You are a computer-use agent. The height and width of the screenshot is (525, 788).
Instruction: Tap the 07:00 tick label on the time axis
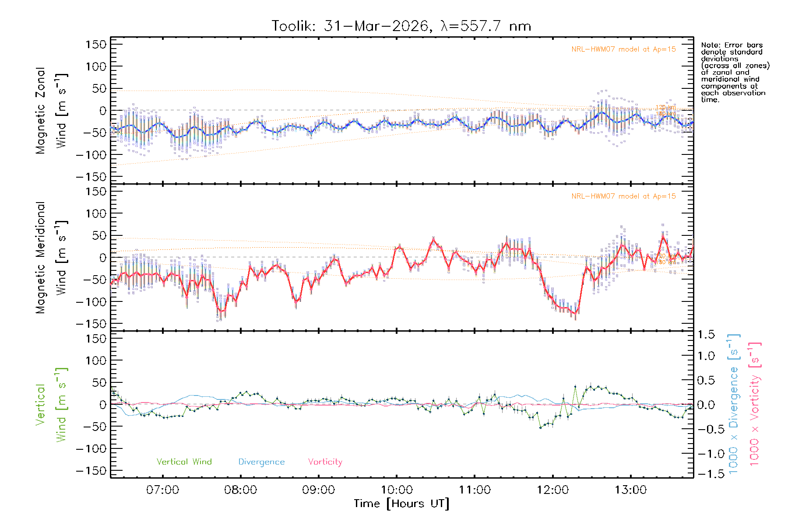(x=162, y=490)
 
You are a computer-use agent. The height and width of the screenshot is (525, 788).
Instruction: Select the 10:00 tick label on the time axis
(x=397, y=490)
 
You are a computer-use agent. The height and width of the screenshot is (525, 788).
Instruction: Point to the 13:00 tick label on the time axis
(x=630, y=490)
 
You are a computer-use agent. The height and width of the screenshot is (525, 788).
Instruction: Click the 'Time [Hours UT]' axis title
(x=401, y=504)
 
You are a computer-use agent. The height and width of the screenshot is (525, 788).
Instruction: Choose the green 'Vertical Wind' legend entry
(x=184, y=462)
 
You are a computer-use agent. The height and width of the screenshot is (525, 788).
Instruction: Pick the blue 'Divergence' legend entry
(x=261, y=462)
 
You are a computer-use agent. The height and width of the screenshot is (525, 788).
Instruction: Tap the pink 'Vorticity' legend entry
(x=325, y=462)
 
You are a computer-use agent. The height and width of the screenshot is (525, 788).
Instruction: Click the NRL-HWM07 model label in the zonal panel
(x=623, y=49)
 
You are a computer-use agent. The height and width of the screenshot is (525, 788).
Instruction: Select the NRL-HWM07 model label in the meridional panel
(x=623, y=196)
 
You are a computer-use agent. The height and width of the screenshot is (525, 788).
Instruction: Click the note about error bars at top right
(x=735, y=72)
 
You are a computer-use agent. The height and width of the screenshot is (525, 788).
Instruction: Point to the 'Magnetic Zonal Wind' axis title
(x=52, y=110)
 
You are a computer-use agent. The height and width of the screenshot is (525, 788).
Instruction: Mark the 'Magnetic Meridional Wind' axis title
(x=52, y=257)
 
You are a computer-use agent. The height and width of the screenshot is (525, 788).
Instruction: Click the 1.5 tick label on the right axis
(x=706, y=335)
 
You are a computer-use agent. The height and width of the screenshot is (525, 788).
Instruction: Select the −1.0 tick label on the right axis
(x=706, y=454)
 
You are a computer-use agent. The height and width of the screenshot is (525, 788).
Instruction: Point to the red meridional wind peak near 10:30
(x=433, y=239)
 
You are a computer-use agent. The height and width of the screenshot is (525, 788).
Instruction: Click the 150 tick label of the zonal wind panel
(x=96, y=45)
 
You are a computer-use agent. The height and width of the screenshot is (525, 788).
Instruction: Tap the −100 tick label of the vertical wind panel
(x=91, y=449)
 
